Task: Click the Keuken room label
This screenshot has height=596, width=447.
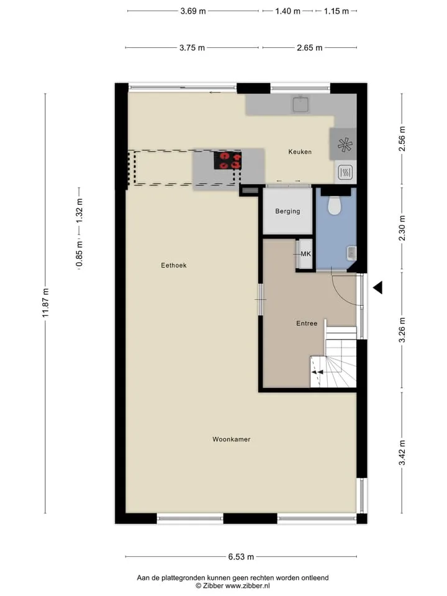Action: (x=300, y=151)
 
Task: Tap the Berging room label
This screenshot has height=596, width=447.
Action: (x=287, y=211)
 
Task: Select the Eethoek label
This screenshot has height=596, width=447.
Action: (x=174, y=265)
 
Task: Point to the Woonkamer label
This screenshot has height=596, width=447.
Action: (x=232, y=439)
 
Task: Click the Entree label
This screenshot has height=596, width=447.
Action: (x=307, y=323)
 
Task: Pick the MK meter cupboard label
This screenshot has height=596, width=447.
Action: (x=305, y=254)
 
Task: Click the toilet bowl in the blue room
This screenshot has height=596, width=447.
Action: (x=335, y=205)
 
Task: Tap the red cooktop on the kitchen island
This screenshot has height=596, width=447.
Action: (x=227, y=160)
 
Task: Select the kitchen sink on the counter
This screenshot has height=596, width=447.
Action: (x=300, y=104)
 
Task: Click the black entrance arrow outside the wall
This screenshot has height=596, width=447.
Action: (x=378, y=287)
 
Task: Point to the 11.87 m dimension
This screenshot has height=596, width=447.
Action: (x=45, y=303)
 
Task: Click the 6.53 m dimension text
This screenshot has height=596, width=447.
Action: (x=241, y=557)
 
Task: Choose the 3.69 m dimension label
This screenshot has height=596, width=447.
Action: (x=193, y=11)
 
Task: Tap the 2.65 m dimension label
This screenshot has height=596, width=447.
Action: (x=309, y=48)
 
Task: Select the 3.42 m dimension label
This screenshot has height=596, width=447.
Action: (x=402, y=453)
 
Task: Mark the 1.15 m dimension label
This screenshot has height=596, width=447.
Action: (x=336, y=11)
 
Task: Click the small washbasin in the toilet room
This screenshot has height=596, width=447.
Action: (x=351, y=253)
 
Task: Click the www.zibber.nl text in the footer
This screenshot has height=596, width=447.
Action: (x=248, y=586)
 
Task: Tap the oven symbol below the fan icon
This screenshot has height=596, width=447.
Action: (x=345, y=173)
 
